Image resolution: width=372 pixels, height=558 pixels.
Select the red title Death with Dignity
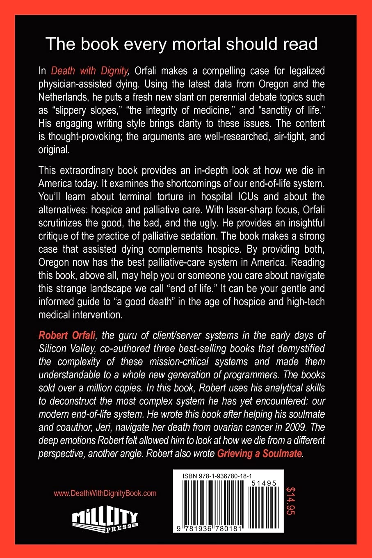(90, 71)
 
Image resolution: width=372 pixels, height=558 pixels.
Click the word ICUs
(244, 197)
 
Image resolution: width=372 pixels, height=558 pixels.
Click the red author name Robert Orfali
(67, 335)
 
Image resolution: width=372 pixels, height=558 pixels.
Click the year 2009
(295, 427)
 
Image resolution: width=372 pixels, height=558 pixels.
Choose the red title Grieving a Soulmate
(260, 453)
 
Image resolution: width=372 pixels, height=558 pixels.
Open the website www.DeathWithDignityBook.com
(105, 493)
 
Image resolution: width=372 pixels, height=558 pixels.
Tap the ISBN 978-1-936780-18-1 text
(218, 476)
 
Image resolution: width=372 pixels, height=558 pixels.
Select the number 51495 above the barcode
(264, 483)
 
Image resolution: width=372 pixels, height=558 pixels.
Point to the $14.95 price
(290, 501)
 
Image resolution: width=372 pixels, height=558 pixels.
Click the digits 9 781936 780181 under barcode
(210, 529)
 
